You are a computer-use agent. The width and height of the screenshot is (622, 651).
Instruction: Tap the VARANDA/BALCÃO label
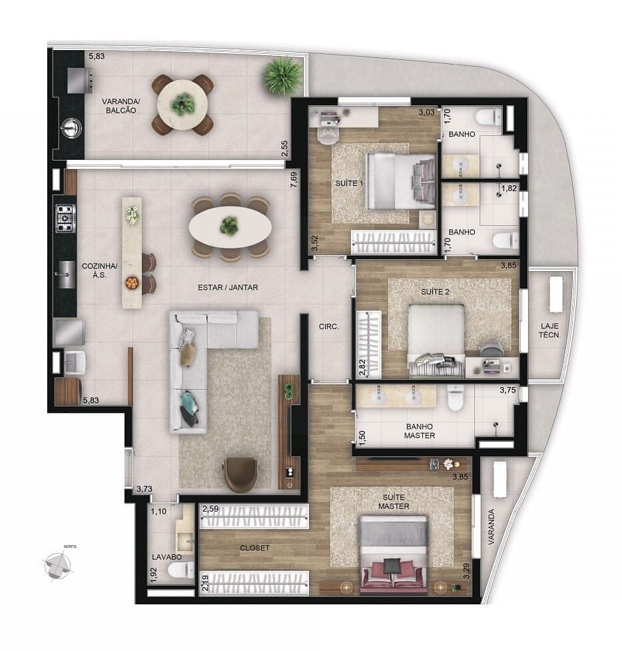click(x=119, y=106)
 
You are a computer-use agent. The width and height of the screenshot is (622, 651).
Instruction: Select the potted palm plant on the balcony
click(x=283, y=75)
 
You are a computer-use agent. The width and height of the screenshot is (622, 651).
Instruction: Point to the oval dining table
click(x=230, y=227)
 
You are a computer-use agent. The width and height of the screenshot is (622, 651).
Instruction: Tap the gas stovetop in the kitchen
click(x=65, y=218)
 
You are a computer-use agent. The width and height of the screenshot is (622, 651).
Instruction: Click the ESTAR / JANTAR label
click(x=227, y=288)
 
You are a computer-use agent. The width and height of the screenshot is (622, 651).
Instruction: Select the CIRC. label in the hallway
click(x=329, y=327)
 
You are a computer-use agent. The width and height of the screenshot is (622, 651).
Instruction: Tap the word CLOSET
click(x=255, y=548)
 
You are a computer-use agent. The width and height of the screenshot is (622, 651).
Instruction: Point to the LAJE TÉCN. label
click(x=550, y=330)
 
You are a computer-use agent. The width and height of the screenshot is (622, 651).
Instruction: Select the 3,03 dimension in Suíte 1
click(x=426, y=113)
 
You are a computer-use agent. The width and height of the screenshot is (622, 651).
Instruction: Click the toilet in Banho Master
click(x=456, y=399)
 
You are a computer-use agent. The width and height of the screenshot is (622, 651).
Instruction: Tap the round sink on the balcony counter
click(x=71, y=128)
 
